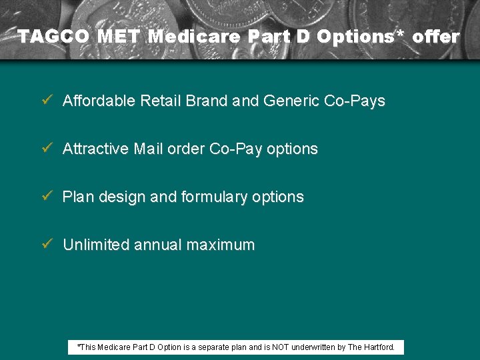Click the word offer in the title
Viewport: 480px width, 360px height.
tap(435, 37)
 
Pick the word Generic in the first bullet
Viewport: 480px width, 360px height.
tap(291, 101)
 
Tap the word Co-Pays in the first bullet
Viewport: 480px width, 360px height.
tap(354, 101)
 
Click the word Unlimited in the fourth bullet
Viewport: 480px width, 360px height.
tap(96, 245)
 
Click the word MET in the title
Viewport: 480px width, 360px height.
tap(120, 37)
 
